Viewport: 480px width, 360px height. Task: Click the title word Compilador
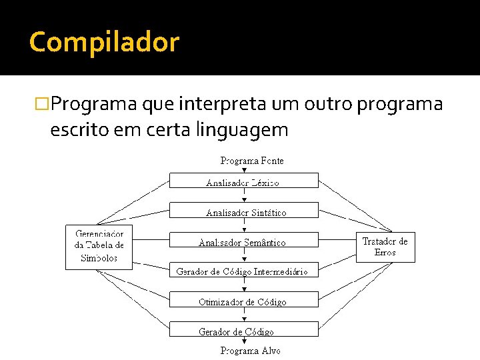104,42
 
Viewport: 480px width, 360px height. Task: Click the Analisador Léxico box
243,181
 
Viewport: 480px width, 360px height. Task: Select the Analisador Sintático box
243,211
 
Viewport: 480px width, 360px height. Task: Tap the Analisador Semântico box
243,241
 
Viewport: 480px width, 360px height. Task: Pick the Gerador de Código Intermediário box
243,271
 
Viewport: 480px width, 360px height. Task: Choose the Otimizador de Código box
243,300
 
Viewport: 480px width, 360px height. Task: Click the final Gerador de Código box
243,329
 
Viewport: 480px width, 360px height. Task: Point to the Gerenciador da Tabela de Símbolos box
99,247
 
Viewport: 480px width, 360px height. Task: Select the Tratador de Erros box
385,247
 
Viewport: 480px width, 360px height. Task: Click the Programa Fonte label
251,161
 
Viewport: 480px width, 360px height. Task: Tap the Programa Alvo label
251,351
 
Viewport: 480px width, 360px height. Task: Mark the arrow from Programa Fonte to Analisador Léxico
244,169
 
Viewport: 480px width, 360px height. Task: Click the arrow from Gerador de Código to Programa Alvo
244,341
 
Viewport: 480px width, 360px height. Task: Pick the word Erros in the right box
385,253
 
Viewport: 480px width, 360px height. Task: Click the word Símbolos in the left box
99,258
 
